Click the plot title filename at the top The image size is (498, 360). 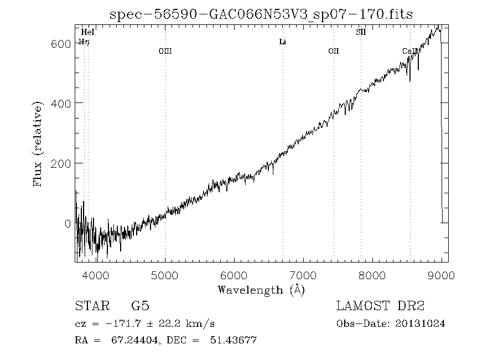261,14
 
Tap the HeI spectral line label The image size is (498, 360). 87,33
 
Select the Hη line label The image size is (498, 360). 84,42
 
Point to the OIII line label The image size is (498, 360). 165,52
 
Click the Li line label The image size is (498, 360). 282,42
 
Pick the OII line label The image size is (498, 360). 333,52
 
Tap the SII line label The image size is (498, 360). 360,33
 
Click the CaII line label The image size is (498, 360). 410,52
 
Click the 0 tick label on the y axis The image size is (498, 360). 68,223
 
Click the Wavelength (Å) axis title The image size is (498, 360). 261,290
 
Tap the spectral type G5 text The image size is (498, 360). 140,306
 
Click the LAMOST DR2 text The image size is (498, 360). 380,306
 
